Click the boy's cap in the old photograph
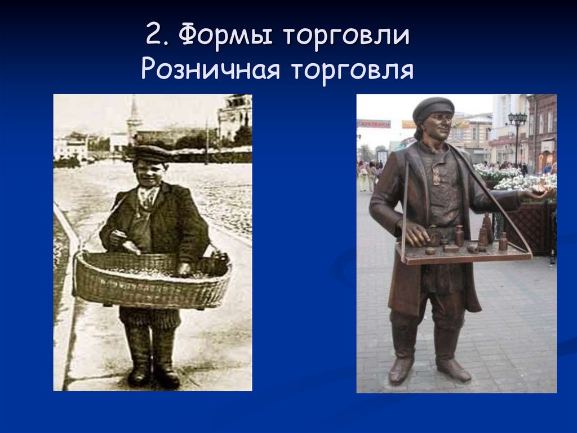[x=150, y=152]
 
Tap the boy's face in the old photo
[x=150, y=169]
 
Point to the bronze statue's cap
[x=433, y=107]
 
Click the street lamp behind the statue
[x=517, y=133]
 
